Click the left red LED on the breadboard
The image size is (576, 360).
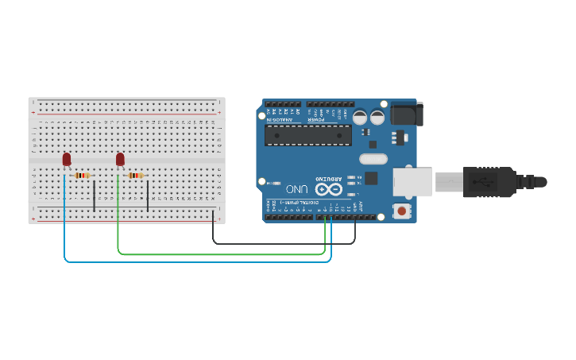(x=67, y=160)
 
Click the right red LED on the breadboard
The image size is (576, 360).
(x=120, y=160)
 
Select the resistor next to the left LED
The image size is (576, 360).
(x=83, y=175)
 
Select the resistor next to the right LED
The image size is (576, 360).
(x=136, y=175)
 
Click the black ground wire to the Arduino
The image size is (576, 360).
(x=278, y=242)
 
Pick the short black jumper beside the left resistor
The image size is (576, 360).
(x=95, y=195)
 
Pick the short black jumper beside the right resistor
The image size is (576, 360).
(x=148, y=195)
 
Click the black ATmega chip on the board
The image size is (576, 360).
(x=308, y=134)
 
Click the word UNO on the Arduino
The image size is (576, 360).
(x=296, y=190)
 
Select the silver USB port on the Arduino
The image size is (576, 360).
(x=412, y=181)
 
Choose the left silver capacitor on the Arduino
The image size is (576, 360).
(x=360, y=117)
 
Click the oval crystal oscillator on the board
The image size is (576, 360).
(x=373, y=158)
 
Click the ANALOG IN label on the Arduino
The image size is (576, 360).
(x=283, y=118)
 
